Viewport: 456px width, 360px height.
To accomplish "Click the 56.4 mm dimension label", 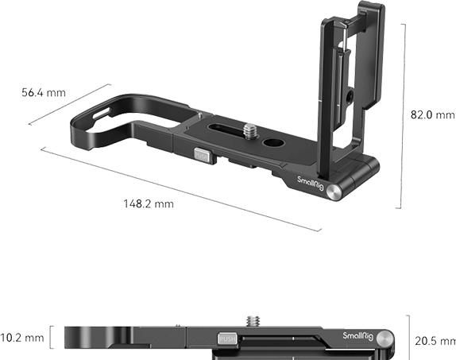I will click(43, 93).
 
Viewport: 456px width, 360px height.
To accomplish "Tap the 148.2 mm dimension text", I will click(148, 204).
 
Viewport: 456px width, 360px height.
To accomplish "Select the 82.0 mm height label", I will click(433, 114).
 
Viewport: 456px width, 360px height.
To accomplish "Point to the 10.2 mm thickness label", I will click(22, 337).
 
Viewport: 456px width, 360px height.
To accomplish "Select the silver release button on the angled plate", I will click(203, 157).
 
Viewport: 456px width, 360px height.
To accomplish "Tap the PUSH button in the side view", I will click(228, 339).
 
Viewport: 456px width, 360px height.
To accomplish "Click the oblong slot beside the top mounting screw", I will click(226, 125).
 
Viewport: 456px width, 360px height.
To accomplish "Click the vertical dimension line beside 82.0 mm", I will click(404, 115).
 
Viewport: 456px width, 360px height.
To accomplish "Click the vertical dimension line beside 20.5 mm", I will click(408, 337).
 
